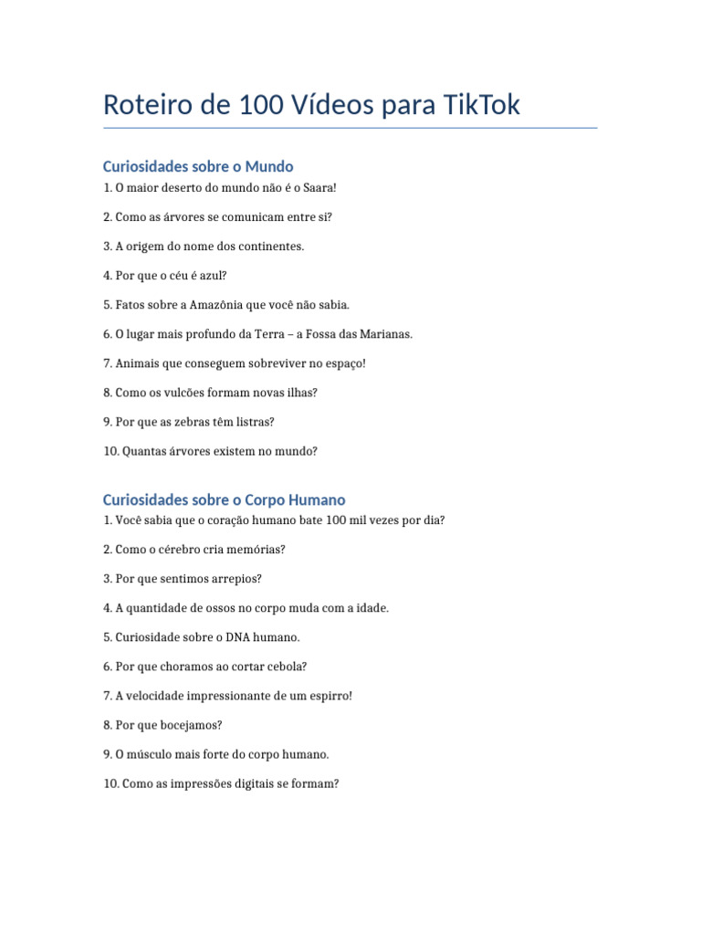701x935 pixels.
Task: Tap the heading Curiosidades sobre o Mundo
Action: tap(198, 166)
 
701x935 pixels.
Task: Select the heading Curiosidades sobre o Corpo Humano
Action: tap(224, 499)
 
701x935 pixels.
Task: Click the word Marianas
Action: tap(387, 334)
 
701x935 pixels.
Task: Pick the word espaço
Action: tap(342, 363)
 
